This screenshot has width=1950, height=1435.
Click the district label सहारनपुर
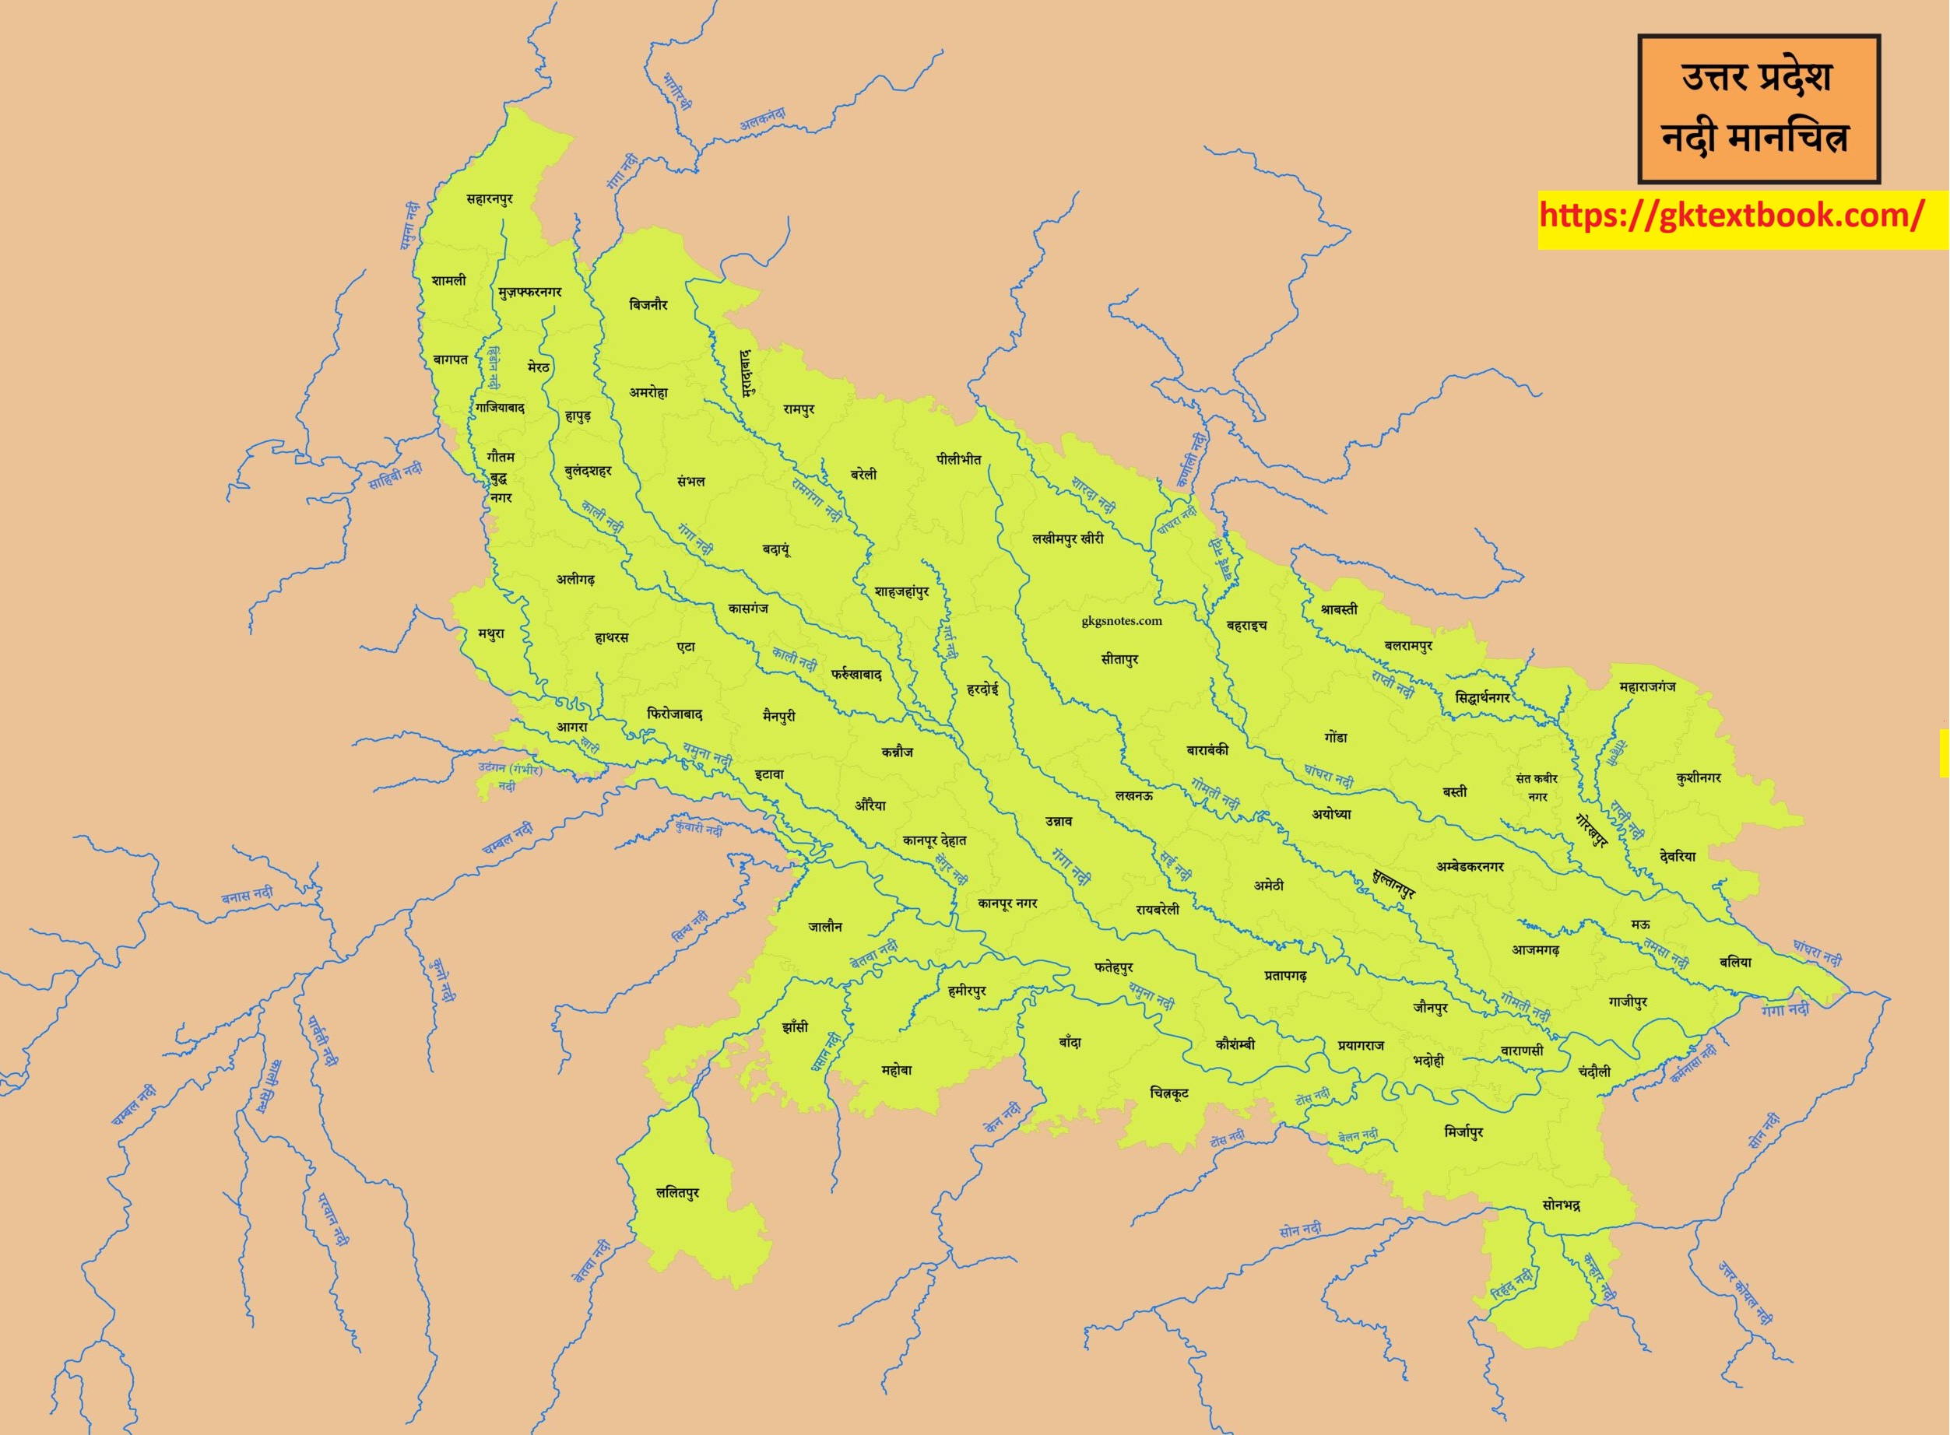pos(489,199)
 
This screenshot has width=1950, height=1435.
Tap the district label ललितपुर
pos(677,1193)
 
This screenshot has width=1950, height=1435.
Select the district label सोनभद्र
pos(1561,1205)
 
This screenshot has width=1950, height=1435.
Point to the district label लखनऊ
pos(1134,795)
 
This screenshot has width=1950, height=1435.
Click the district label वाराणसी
pos(1523,1051)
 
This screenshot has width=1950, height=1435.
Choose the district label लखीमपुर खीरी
pos(1067,539)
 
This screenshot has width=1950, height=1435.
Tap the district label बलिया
pos(1735,962)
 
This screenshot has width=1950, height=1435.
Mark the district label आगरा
pos(572,727)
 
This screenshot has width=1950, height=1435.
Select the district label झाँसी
pos(794,1026)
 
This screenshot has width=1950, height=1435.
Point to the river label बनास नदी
pos(247,895)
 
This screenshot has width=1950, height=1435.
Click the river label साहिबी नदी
pos(395,476)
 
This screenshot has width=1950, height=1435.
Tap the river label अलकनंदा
pos(762,119)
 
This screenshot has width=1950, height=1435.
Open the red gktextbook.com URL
pos(1731,216)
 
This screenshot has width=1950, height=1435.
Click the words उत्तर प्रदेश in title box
pos(1756,76)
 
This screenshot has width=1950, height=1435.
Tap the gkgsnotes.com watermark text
pos(1121,620)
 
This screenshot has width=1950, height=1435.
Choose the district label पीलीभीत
pos(958,458)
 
